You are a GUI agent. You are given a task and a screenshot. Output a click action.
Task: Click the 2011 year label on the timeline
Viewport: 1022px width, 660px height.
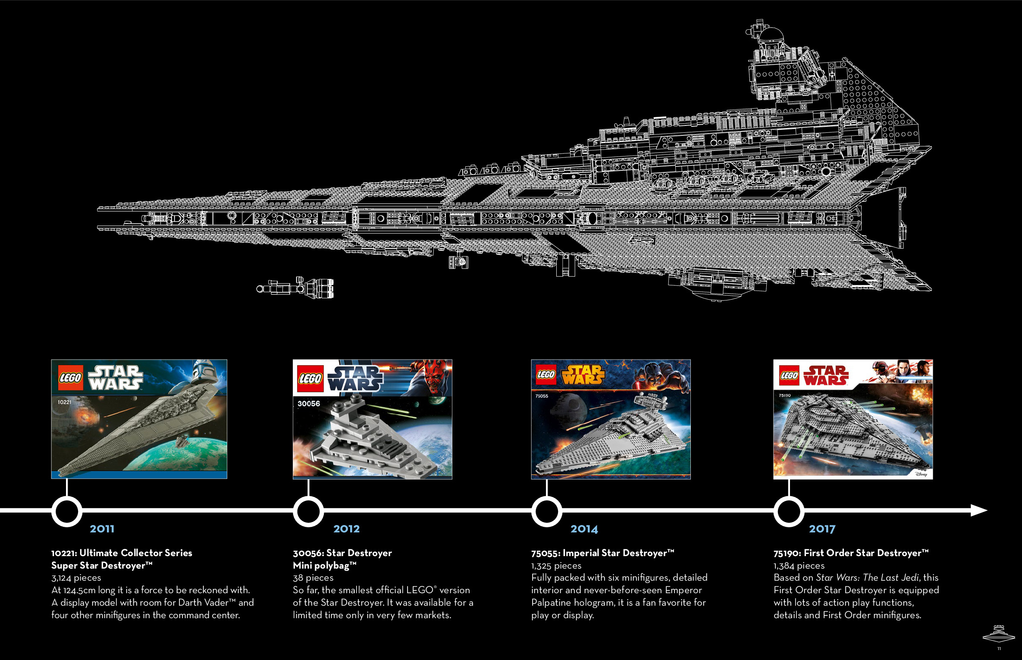[102, 529]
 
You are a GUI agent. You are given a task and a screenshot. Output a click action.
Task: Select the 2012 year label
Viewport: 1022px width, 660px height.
[346, 529]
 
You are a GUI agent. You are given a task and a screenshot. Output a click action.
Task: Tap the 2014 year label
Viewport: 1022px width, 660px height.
[584, 529]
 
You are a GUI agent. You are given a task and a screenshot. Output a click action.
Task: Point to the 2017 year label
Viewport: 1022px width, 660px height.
[822, 529]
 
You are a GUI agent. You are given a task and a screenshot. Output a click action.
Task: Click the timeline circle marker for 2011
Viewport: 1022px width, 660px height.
[67, 511]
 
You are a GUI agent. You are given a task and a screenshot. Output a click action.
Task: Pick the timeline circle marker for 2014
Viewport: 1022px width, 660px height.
[546, 511]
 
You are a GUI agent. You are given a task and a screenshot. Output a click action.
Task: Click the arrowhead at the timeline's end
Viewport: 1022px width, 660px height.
[979, 510]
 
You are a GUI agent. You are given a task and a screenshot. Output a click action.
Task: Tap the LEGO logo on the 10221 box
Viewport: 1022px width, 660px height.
[70, 378]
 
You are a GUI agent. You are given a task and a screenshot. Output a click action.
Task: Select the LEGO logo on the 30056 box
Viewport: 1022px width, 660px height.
[310, 378]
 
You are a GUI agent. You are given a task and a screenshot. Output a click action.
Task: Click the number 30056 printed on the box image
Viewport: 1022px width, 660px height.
[309, 404]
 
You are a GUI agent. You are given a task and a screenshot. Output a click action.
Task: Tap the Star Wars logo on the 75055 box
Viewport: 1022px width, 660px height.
[583, 375]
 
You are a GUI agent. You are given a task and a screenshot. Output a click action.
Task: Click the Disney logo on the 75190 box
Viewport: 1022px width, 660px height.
[921, 474]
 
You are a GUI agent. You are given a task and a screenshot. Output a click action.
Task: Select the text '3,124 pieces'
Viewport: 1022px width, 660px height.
[76, 578]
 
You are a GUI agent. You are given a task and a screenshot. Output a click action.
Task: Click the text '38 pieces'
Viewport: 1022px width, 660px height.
[313, 578]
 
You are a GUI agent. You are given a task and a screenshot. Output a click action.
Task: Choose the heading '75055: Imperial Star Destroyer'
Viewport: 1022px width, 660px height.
[602, 553]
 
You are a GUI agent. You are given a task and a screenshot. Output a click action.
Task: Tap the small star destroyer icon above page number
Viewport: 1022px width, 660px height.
[998, 633]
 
